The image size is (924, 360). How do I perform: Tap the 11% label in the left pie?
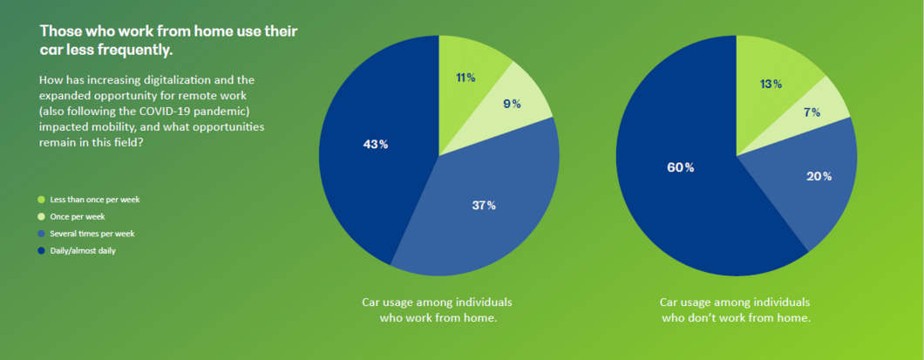click(465, 78)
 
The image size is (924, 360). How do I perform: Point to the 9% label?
click(512, 105)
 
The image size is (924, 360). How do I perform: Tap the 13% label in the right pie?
click(771, 85)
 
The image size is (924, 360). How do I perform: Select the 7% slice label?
click(812, 112)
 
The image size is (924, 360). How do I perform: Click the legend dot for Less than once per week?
click(41, 200)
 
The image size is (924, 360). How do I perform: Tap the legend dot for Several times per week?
click(41, 234)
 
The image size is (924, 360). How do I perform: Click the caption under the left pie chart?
click(437, 310)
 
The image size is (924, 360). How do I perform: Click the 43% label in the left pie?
click(376, 145)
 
